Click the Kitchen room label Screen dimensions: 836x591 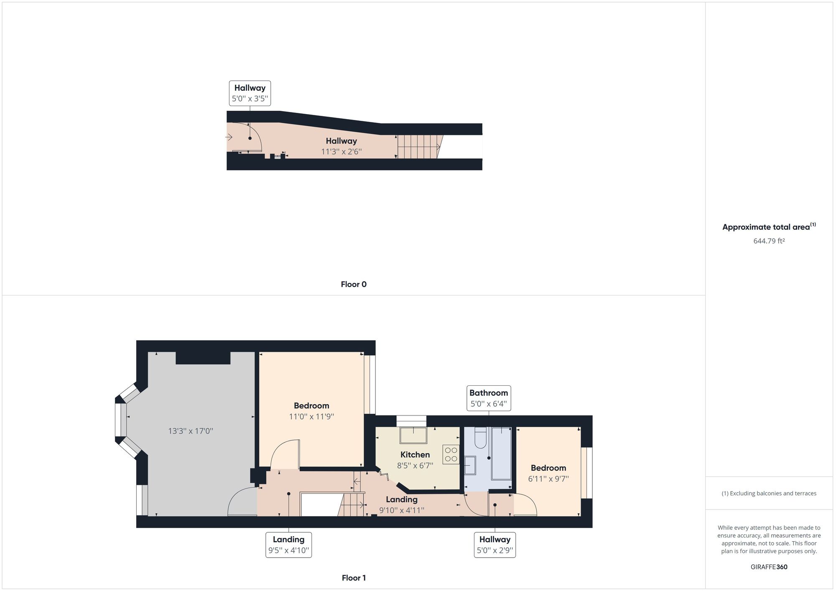(415, 455)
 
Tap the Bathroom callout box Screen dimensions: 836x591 (489, 398)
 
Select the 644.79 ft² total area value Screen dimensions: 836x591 (769, 241)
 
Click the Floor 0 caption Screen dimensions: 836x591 (354, 284)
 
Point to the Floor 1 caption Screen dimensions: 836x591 (354, 578)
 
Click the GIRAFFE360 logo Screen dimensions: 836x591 (769, 567)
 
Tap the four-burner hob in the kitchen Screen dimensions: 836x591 (451, 454)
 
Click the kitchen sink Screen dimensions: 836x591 (413, 435)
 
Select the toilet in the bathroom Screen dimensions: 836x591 (481, 438)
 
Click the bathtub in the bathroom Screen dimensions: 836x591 (501, 453)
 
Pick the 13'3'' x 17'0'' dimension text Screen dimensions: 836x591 (191, 431)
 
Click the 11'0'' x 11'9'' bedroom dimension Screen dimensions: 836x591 (311, 417)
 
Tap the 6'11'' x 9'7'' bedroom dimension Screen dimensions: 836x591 (548, 479)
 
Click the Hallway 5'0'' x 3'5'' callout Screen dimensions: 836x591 (250, 93)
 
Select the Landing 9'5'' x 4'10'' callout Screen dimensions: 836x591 (289, 545)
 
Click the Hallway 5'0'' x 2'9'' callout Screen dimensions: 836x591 (495, 545)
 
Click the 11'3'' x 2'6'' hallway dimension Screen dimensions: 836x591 (342, 152)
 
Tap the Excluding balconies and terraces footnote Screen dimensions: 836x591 (769, 493)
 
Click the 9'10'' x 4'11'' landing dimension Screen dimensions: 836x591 (402, 510)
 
